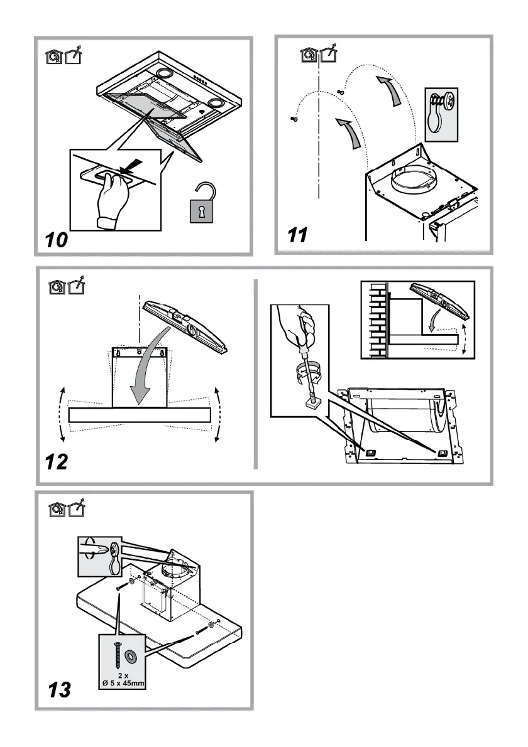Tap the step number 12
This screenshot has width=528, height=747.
click(56, 463)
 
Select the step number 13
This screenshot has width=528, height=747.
click(60, 690)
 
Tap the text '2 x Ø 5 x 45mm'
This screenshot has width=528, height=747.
click(123, 680)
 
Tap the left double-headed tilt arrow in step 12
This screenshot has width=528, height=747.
click(62, 415)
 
